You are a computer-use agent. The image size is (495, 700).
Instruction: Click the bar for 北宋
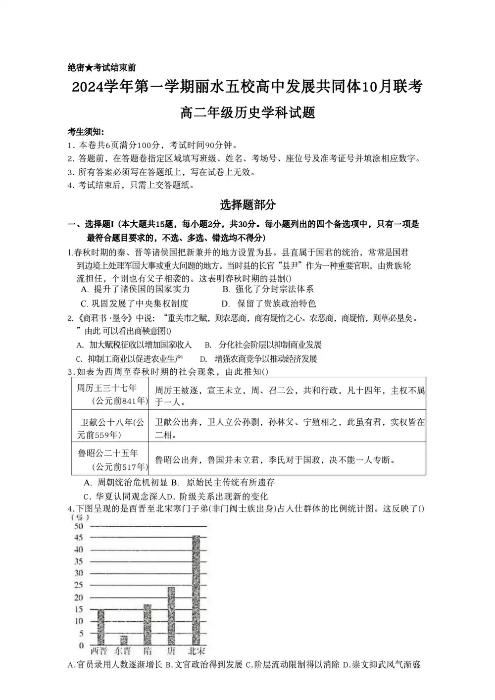[196, 590]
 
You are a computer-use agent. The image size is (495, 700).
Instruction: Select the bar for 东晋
[124, 640]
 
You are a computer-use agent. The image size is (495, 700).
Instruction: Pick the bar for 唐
[171, 616]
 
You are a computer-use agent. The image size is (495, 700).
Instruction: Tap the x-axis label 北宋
[197, 650]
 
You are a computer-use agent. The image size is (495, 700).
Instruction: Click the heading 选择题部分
[247, 204]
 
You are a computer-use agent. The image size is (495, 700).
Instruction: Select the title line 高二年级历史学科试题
[247, 113]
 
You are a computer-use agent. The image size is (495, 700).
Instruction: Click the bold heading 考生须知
[86, 132]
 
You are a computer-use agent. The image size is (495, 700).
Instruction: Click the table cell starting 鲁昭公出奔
[275, 460]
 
